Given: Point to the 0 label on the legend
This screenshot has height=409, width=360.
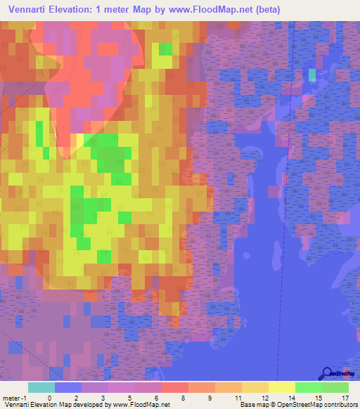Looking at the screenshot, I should (49, 398).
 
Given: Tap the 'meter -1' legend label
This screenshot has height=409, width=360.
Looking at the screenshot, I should (13, 398).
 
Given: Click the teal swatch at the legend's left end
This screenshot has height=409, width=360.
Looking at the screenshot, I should (41, 387).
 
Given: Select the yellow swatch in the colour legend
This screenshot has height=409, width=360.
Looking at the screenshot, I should (281, 387).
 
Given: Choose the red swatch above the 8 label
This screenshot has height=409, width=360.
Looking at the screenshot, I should (174, 387).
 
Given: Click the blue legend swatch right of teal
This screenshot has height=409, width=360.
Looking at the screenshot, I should (67, 387).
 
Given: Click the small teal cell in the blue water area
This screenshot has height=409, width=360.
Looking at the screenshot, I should (312, 74).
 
